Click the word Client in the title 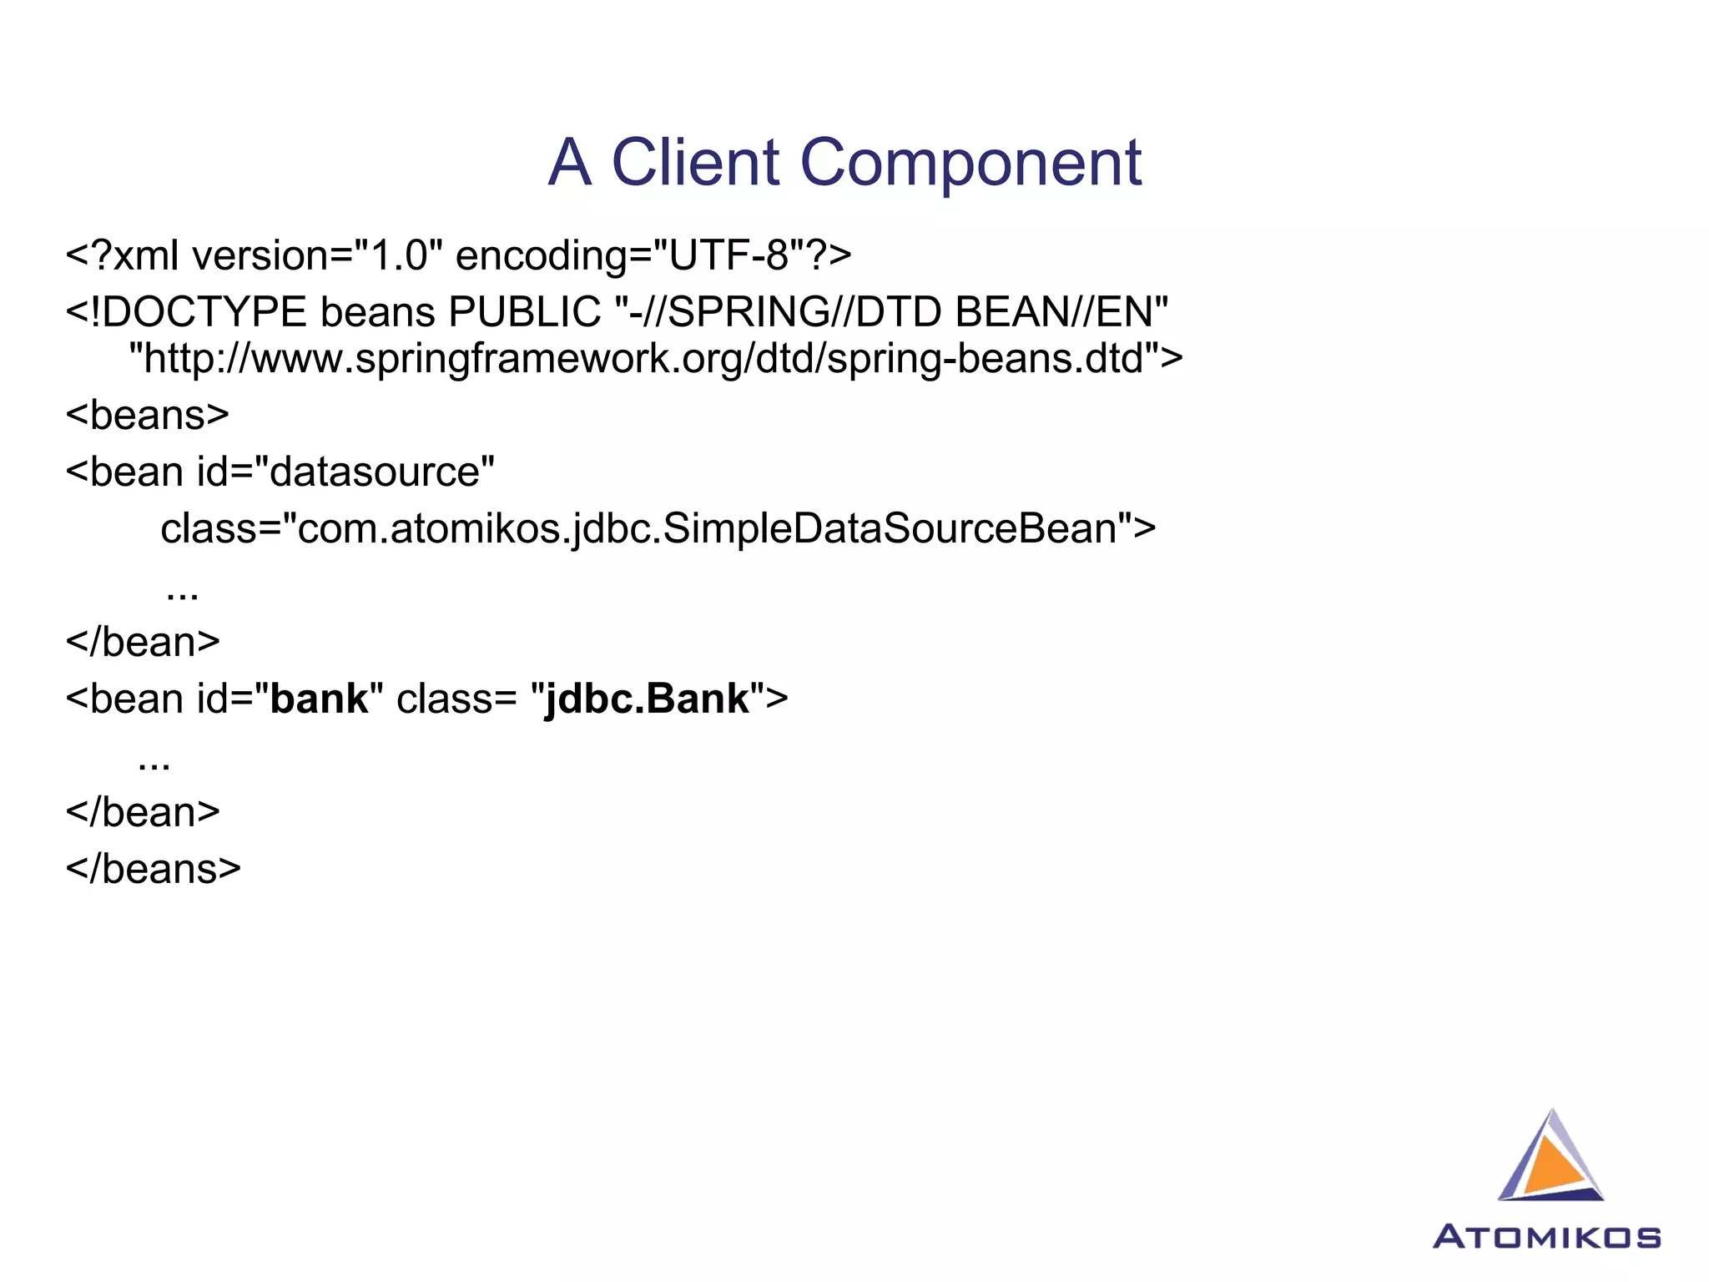point(695,162)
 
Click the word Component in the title point(970,162)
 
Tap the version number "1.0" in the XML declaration point(398,255)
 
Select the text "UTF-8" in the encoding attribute point(728,255)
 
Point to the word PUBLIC point(524,313)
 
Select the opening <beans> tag point(148,415)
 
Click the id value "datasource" point(376,472)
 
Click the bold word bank point(319,699)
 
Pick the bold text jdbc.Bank point(647,699)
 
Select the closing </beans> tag point(154,869)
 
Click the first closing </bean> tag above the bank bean point(143,642)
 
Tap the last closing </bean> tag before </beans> point(143,812)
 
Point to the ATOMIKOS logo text point(1547,1237)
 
